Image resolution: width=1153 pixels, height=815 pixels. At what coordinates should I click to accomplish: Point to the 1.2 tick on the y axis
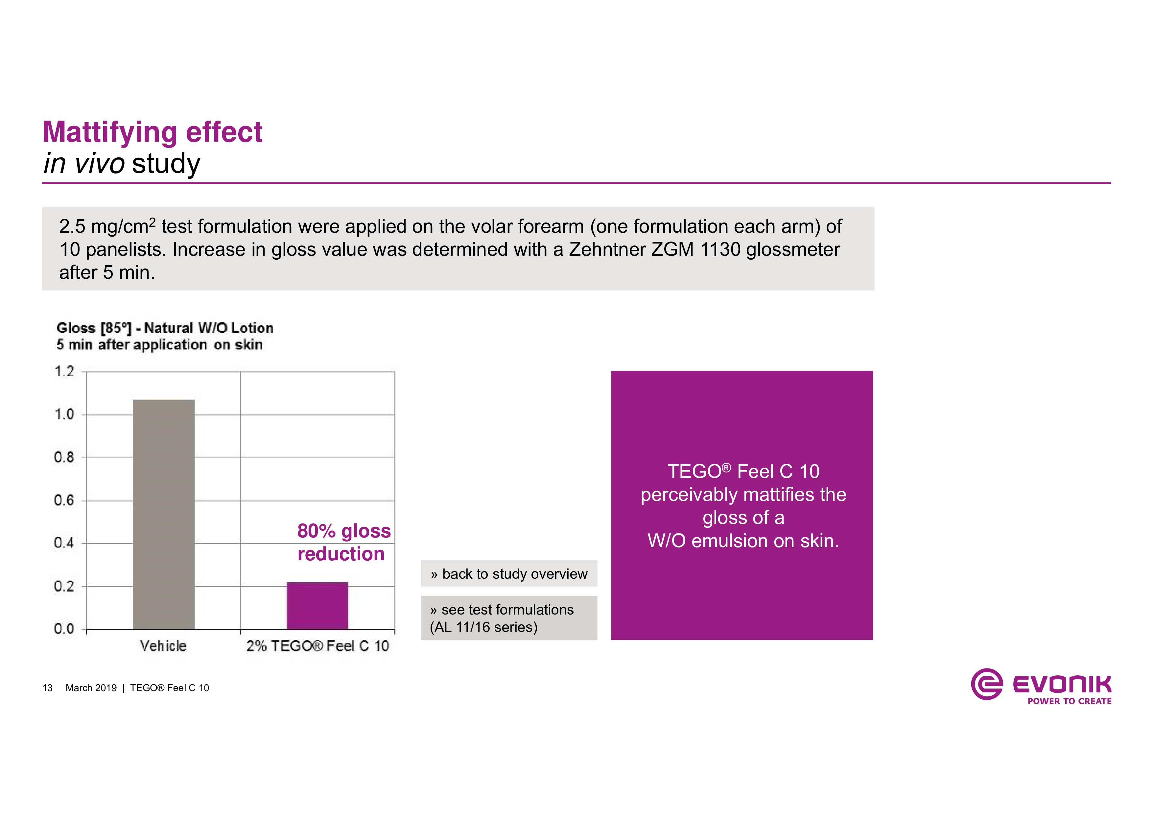64,372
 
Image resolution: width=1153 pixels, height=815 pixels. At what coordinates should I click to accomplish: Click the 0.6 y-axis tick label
64,500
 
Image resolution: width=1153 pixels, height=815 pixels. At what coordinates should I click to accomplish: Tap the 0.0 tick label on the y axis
64,629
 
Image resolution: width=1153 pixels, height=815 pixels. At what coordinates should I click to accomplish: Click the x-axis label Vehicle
163,646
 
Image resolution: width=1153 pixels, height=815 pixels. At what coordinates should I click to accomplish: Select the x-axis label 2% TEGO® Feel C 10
318,646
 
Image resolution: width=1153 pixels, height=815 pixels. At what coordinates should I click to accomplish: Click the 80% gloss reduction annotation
343,542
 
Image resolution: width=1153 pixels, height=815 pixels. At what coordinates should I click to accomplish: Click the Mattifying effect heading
152,132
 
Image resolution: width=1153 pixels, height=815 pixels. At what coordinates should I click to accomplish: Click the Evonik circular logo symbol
986,684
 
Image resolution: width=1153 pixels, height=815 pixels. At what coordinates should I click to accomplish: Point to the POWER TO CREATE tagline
1069,701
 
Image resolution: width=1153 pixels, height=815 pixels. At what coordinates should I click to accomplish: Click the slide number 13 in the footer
47,688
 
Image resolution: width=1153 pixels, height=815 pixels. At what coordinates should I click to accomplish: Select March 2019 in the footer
91,688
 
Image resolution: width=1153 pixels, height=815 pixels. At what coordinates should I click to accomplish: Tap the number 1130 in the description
720,249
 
